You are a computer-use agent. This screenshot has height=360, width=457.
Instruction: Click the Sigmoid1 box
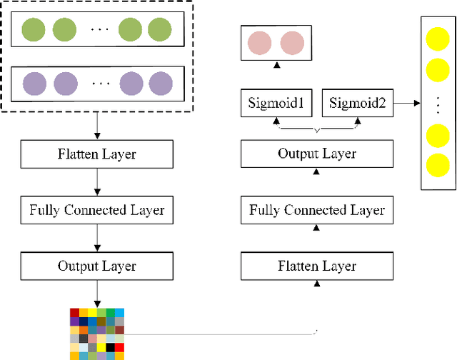pos(276,104)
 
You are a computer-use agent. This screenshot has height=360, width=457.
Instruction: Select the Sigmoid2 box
pos(358,104)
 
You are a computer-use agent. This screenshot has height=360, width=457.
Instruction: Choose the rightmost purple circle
pos(159,83)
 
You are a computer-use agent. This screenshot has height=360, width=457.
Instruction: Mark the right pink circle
pos(291,44)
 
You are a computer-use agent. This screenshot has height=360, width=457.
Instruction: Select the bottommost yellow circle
pos(437,165)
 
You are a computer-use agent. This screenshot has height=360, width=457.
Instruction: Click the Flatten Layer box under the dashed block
pos(96,154)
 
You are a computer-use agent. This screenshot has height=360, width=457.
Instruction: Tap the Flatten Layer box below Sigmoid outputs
pos(316,266)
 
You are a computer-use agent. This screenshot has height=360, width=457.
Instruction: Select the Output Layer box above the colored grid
pos(96,266)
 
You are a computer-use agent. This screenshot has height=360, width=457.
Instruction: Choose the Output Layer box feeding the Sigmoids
pos(316,154)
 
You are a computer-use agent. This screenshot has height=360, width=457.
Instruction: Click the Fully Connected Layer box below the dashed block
pos(96,210)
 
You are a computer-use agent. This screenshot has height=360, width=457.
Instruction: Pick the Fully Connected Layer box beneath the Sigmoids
pos(316,210)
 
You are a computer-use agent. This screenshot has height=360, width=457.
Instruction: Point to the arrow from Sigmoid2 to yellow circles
pos(406,104)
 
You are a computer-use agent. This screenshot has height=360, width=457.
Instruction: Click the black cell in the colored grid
pos(110,347)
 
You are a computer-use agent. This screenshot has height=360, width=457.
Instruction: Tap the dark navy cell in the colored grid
pos(84,321)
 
